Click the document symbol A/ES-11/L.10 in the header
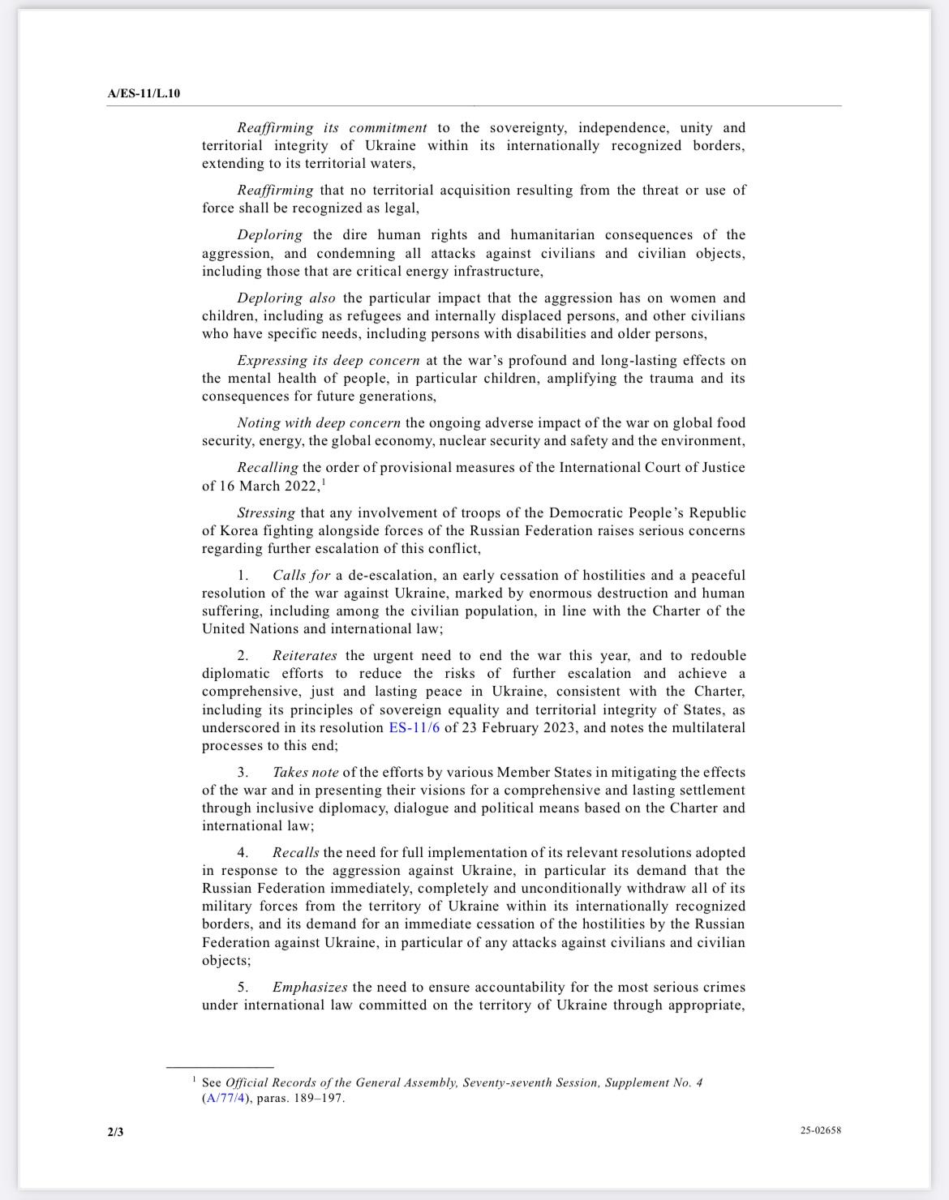(x=144, y=93)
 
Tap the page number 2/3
(x=115, y=1131)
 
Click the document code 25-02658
(x=820, y=1130)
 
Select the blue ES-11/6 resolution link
(x=414, y=728)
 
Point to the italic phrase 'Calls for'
(x=301, y=576)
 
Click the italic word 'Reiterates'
(x=305, y=656)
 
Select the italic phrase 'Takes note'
(x=305, y=773)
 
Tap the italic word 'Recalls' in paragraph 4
(x=296, y=853)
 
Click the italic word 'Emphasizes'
(x=310, y=988)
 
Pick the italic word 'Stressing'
(x=266, y=513)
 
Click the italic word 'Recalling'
(x=268, y=468)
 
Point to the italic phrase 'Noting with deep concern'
(x=319, y=423)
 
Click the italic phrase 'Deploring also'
(x=286, y=298)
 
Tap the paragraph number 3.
(x=243, y=773)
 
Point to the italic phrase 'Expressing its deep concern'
(x=328, y=361)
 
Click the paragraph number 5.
(x=243, y=988)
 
